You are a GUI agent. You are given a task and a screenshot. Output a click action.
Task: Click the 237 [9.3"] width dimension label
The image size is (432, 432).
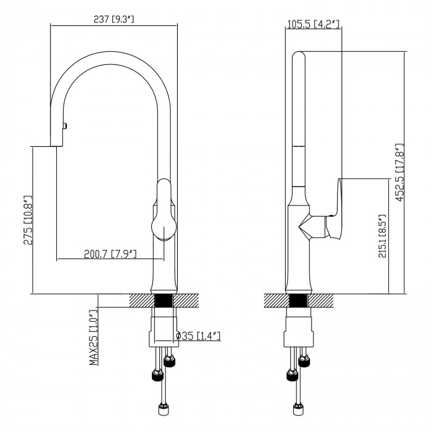[114, 19]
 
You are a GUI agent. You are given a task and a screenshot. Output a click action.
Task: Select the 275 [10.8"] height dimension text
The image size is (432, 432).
[28, 220]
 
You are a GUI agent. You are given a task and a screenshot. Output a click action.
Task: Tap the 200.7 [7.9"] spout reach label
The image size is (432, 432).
[110, 254]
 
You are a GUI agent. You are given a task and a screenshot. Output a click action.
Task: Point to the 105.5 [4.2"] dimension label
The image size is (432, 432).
[313, 24]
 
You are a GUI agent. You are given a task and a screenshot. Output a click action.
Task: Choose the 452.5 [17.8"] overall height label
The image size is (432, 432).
[399, 172]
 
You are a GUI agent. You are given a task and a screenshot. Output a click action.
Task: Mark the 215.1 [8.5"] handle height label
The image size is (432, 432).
[382, 236]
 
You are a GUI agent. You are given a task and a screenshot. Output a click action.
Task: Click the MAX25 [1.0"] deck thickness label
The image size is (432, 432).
[94, 338]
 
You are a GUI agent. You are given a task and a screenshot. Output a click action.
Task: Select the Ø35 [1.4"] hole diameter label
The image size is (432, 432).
[198, 336]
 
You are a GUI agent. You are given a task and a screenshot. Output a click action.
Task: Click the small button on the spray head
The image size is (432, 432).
[65, 126]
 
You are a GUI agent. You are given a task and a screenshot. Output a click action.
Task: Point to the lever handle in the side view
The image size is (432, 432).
[334, 209]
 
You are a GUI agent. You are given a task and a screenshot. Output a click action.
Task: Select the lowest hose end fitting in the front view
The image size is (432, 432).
[164, 409]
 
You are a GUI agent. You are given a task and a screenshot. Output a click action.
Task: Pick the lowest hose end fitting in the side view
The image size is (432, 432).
[298, 409]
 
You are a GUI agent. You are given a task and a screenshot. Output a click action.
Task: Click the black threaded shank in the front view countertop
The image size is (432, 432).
[164, 301]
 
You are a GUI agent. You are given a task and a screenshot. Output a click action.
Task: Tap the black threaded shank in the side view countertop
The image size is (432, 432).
[299, 301]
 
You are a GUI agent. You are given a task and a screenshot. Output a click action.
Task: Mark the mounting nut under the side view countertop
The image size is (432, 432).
[299, 332]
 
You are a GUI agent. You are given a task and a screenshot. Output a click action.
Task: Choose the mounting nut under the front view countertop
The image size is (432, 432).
[164, 332]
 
